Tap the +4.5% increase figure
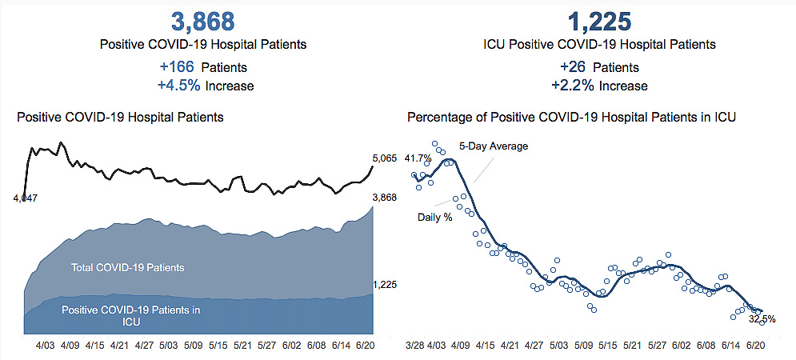tap(178, 86)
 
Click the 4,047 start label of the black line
tap(26, 197)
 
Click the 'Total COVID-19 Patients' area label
tap(128, 268)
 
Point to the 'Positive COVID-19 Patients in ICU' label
tap(131, 315)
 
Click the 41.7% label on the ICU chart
tap(419, 157)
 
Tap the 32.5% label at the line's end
tap(761, 318)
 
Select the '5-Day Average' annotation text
tap(494, 146)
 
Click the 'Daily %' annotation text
tap(435, 217)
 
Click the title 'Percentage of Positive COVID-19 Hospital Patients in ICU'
tap(571, 118)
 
